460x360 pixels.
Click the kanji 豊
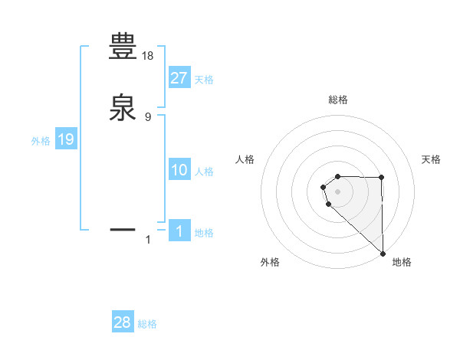123,47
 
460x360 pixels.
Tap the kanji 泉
123,106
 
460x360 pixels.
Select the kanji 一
123,228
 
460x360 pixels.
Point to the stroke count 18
148,57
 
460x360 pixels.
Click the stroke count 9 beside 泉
148,116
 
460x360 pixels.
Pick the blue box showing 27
179,78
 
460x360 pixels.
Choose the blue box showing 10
179,170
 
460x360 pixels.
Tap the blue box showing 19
66,139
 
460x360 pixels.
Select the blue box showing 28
123,322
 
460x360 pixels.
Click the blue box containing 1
179,231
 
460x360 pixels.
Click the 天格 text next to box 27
204,80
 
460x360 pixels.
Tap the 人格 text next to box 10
204,172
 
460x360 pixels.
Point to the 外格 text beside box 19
41,140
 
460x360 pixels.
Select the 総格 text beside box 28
147,324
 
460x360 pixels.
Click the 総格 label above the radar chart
337,100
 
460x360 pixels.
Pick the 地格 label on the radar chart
402,262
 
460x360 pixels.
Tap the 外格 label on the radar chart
270,262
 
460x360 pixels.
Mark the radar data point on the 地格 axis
383,253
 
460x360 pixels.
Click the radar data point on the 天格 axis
382,178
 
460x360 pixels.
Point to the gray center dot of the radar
337,191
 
